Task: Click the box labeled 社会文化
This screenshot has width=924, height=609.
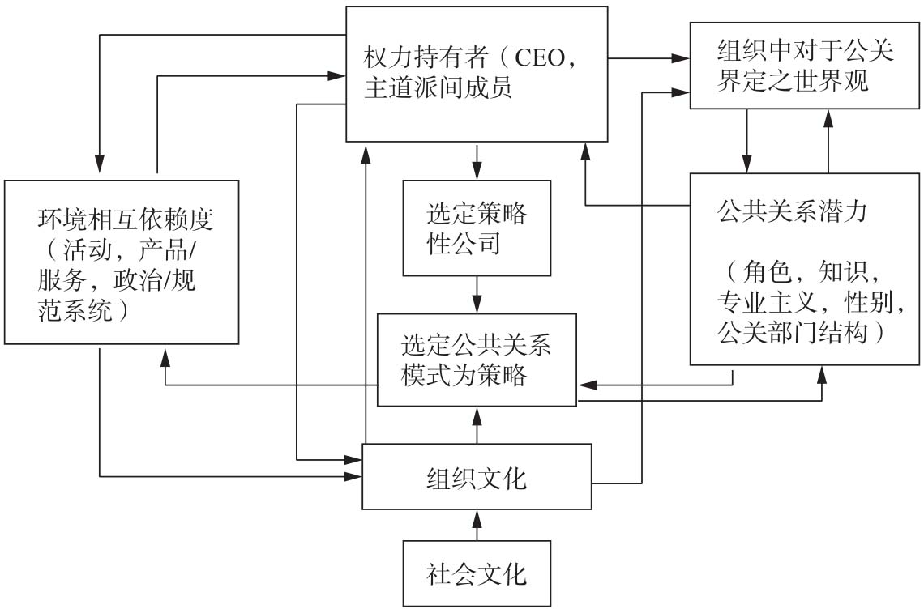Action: click(x=477, y=574)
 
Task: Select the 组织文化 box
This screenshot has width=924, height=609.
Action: click(x=477, y=477)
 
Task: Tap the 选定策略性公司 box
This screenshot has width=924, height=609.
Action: click(x=477, y=228)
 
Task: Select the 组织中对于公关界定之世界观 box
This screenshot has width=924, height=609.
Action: click(x=806, y=66)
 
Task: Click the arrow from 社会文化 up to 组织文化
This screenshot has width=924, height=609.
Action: click(x=477, y=525)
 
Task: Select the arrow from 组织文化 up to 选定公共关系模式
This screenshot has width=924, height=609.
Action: click(x=477, y=425)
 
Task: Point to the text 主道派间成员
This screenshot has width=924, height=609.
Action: click(x=438, y=88)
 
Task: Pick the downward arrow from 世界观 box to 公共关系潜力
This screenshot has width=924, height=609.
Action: click(x=746, y=141)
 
